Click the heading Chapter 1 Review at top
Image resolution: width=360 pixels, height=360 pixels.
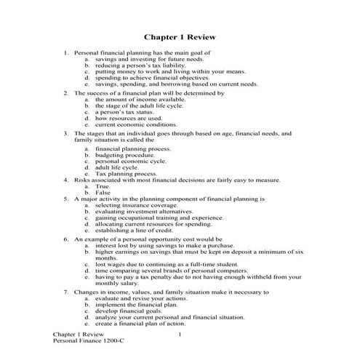point(179,36)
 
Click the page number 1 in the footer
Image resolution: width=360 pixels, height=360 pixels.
point(180,333)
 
